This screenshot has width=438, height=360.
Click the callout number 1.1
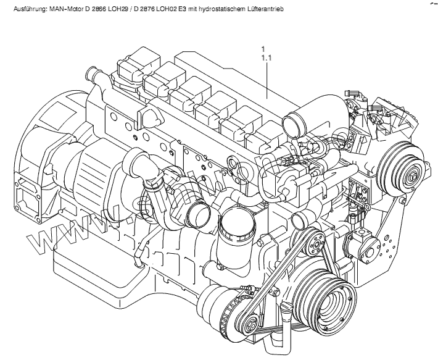pos(267,57)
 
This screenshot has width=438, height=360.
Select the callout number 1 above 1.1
pos(263,49)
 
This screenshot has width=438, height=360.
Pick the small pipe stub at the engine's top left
pos(94,77)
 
